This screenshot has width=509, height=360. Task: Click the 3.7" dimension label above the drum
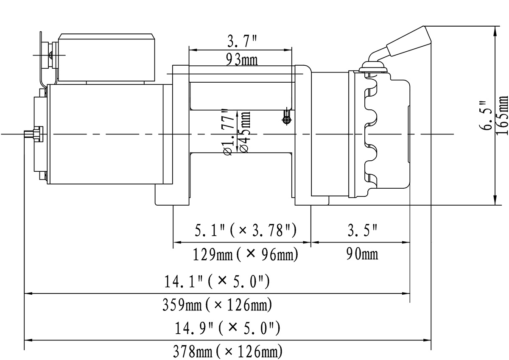240,42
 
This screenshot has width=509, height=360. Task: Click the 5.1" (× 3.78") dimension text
245,231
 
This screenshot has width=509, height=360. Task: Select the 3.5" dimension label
362,231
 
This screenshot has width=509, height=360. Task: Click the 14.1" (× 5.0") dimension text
217,281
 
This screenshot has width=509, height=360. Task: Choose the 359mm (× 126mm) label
217,305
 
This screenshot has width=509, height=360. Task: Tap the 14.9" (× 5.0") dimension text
227,328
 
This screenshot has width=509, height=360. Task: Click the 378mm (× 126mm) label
227,352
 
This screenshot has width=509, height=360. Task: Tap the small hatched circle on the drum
287,120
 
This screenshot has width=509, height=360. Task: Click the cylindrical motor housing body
106,134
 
